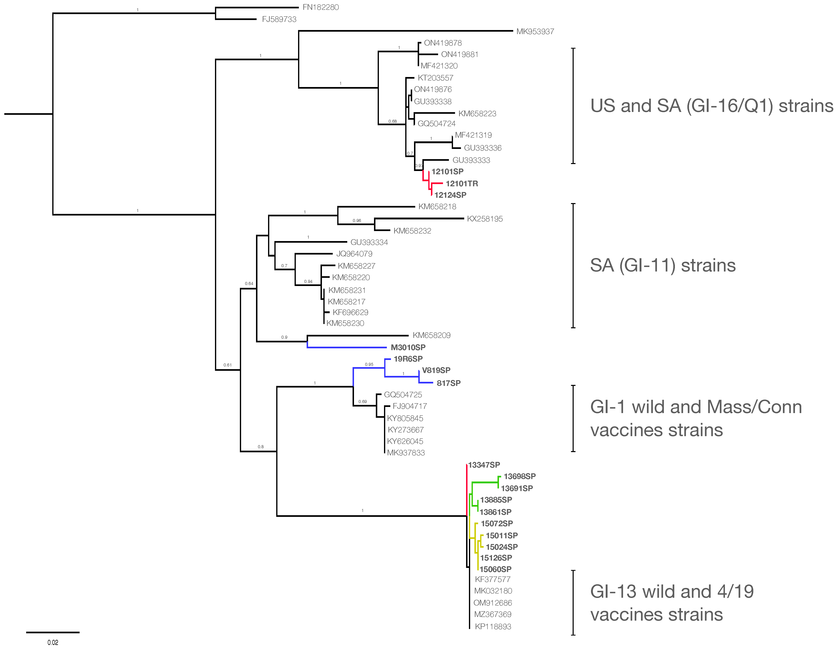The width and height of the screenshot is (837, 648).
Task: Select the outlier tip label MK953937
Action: click(535, 31)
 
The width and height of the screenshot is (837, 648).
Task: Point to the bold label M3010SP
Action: click(408, 347)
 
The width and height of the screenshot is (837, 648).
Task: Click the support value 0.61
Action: click(228, 365)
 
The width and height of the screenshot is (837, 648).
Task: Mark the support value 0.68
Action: click(392, 121)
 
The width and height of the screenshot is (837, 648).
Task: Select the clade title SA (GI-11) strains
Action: click(663, 265)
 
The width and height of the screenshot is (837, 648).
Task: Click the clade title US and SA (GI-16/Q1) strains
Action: click(711, 106)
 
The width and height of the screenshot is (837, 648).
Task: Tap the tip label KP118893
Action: click(493, 627)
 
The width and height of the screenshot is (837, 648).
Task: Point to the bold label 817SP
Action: click(448, 383)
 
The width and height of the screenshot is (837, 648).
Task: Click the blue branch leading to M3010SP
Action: click(347, 347)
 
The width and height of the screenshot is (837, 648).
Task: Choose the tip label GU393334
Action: click(369, 242)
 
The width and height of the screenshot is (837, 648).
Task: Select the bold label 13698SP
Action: click(519, 476)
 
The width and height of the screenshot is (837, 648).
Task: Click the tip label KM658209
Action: click(432, 335)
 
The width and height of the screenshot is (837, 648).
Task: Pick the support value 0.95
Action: click(369, 364)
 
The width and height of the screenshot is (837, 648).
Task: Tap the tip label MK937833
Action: click(406, 453)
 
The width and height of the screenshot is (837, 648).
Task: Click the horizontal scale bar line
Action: click(53, 632)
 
